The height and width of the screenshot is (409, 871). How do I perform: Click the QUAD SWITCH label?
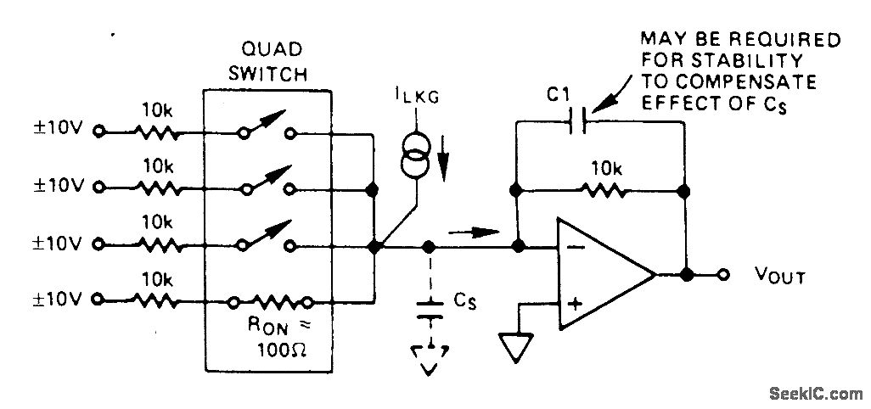273,60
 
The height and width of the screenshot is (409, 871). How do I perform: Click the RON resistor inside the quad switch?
272,300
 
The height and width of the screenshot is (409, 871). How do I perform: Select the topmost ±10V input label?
57,132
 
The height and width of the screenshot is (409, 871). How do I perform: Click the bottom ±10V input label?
57,300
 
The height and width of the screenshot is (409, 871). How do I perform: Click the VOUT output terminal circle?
724,275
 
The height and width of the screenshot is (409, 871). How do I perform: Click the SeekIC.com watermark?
813,393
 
